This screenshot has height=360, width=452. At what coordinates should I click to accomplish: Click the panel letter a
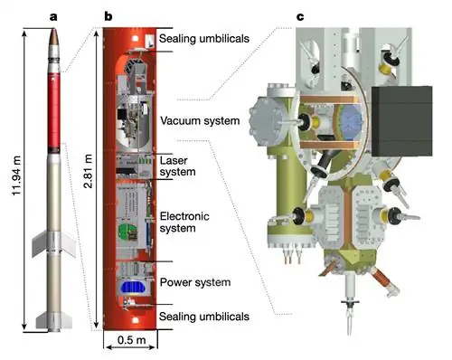click(x=53, y=17)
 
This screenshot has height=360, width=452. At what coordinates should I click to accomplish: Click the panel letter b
click(x=108, y=16)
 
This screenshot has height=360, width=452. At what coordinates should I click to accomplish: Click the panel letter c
click(x=300, y=17)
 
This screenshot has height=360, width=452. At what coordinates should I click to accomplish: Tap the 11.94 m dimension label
click(x=16, y=175)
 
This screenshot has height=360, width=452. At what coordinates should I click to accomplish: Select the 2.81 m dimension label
click(x=88, y=171)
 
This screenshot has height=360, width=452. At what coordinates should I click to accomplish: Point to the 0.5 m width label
click(x=131, y=340)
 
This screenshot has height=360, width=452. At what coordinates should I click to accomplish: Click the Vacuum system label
click(x=200, y=120)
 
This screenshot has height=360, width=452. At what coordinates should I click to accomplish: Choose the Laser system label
click(x=177, y=166)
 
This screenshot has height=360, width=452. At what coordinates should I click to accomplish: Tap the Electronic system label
click(x=184, y=222)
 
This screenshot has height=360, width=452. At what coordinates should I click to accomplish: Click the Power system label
click(x=195, y=282)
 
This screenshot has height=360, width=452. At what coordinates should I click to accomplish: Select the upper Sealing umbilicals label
click(x=204, y=39)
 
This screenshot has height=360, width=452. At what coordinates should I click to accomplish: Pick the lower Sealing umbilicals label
click(x=204, y=317)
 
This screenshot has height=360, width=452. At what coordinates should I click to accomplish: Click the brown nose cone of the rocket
click(x=53, y=37)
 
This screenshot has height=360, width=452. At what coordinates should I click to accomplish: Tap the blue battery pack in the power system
click(x=133, y=288)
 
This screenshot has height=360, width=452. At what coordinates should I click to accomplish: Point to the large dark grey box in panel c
click(x=402, y=121)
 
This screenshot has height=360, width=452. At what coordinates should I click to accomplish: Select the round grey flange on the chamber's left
click(x=267, y=122)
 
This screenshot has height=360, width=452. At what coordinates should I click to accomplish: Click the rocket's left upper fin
click(x=40, y=243)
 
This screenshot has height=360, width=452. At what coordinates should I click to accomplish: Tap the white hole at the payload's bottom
click(x=136, y=319)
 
